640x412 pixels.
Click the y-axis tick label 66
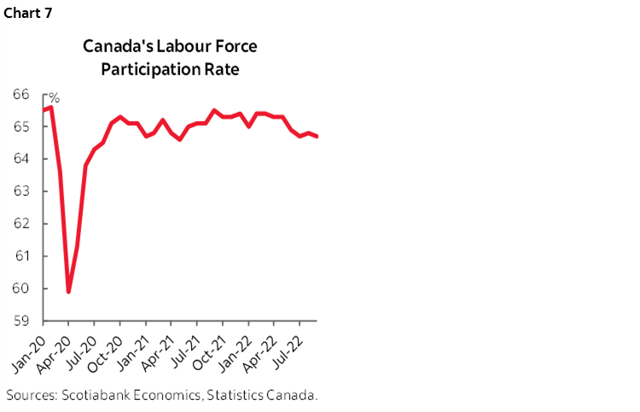point(21,94)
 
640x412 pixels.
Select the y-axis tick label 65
point(21,127)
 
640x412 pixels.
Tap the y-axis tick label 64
point(21,159)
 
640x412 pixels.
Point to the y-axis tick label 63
point(21,191)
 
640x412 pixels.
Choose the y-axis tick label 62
point(21,224)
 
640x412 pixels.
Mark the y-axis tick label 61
point(21,256)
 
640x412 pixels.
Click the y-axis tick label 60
point(21,289)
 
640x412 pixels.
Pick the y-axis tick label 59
point(21,321)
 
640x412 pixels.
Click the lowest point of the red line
point(68,292)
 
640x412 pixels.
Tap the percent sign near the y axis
point(53,98)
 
